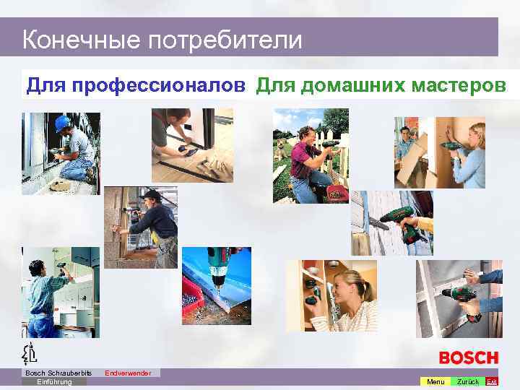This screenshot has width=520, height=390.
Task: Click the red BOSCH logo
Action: tap(469, 357)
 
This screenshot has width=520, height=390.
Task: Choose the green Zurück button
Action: tap(468, 381)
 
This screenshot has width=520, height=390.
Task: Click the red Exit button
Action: tap(492, 381)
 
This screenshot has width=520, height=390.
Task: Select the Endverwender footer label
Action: tap(128, 373)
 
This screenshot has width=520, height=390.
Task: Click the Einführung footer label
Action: tap(54, 381)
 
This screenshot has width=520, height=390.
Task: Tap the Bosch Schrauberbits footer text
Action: tap(54, 373)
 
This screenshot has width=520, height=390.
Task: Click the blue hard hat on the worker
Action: tap(62, 123)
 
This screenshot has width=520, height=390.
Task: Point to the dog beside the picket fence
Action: tap(281, 150)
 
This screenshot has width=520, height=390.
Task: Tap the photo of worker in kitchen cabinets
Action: tap(61, 292)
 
